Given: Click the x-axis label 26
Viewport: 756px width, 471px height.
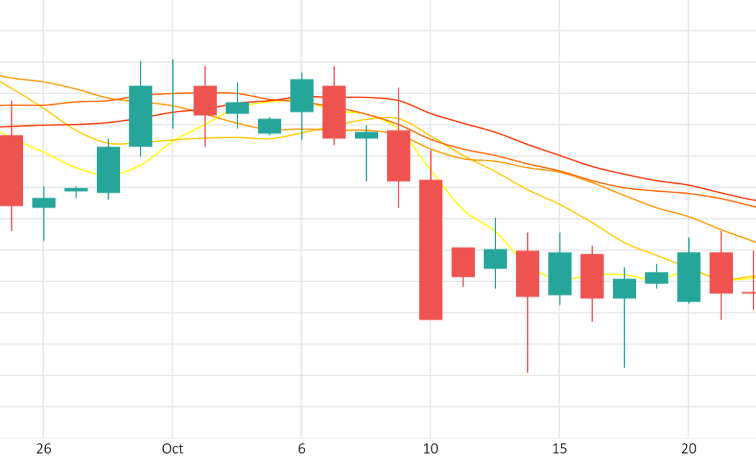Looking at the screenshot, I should coord(44,449).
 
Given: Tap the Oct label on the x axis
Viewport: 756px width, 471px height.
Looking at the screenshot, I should coord(172,449).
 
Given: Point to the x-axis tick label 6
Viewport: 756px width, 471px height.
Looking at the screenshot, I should coord(302,449).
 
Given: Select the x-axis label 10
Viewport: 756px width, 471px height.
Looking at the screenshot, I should coord(430,449).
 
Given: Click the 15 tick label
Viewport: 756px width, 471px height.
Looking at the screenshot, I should coord(560,449).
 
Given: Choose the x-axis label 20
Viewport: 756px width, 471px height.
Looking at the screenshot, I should coord(689,449).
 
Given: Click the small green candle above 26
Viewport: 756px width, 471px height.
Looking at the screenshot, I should coord(44,203).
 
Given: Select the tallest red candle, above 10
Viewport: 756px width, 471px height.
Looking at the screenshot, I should coord(430,249).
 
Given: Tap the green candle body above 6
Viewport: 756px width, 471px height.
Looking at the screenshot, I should coord(302,96).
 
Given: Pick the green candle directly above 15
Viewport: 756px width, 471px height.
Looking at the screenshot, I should coord(560,273).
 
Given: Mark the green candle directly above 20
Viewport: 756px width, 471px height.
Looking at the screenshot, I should coord(689,277).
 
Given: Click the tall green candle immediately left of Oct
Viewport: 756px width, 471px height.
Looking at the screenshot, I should coord(141,116).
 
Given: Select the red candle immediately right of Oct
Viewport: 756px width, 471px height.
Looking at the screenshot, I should coord(205,100).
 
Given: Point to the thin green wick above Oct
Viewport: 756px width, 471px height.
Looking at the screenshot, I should coord(173,93).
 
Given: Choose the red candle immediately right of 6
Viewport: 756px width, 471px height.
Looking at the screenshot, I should coord(334,111).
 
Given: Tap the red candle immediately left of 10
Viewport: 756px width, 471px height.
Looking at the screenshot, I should coord(399,155).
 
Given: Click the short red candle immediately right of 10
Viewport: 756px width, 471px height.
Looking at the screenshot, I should coord(463,262).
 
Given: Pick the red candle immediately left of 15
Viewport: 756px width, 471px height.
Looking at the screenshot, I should coord(527,273).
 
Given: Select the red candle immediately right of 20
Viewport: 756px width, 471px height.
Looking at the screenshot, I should coord(721,273).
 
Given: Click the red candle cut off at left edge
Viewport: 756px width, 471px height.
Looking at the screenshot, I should coord(11,170).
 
